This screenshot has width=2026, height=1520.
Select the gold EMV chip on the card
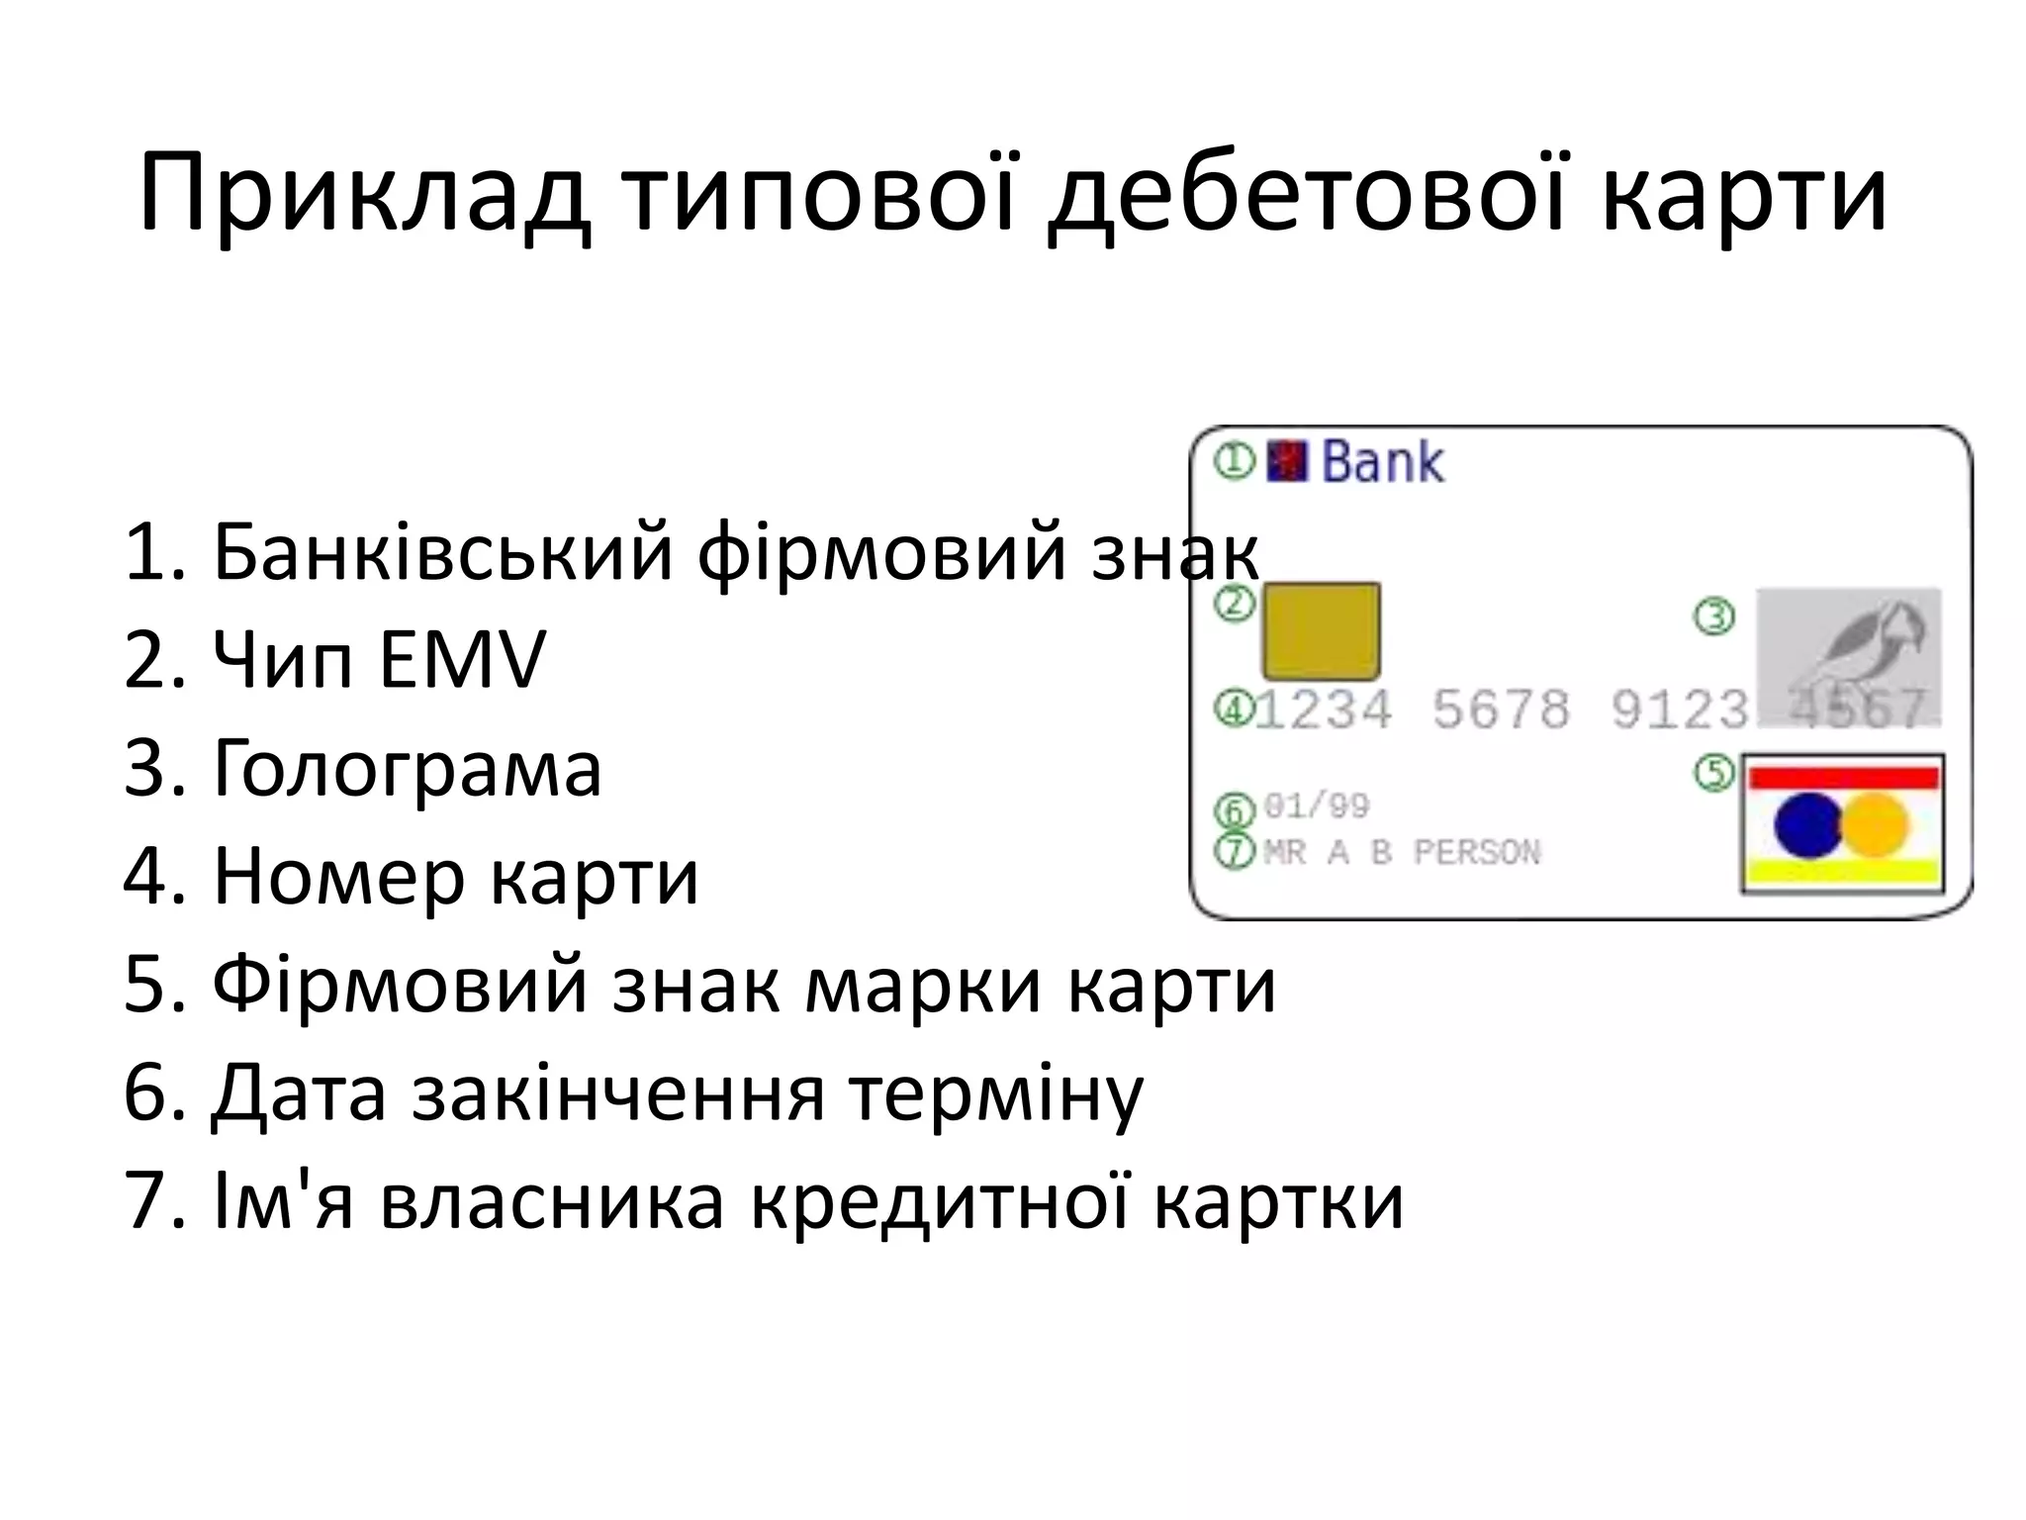point(1320,631)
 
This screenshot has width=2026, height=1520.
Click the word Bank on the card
point(1382,462)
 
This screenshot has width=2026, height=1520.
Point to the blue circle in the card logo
point(1806,824)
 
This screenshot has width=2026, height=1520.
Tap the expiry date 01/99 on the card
point(1316,807)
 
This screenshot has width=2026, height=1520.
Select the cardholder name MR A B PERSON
point(1401,852)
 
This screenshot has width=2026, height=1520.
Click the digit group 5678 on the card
point(1501,710)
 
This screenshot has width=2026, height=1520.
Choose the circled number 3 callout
point(1714,617)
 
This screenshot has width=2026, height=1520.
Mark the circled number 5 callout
point(1714,772)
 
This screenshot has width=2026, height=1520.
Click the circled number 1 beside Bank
point(1234,460)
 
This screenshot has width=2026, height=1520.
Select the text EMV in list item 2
point(461,660)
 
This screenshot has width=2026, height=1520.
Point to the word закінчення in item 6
point(617,1093)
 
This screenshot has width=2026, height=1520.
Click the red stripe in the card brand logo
point(1842,778)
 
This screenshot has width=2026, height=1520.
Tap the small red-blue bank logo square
point(1286,460)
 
